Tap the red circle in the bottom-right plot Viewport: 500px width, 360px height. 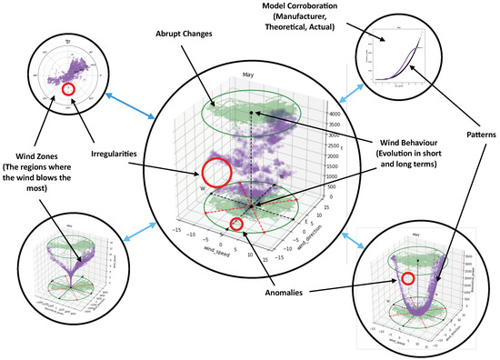[409, 279]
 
